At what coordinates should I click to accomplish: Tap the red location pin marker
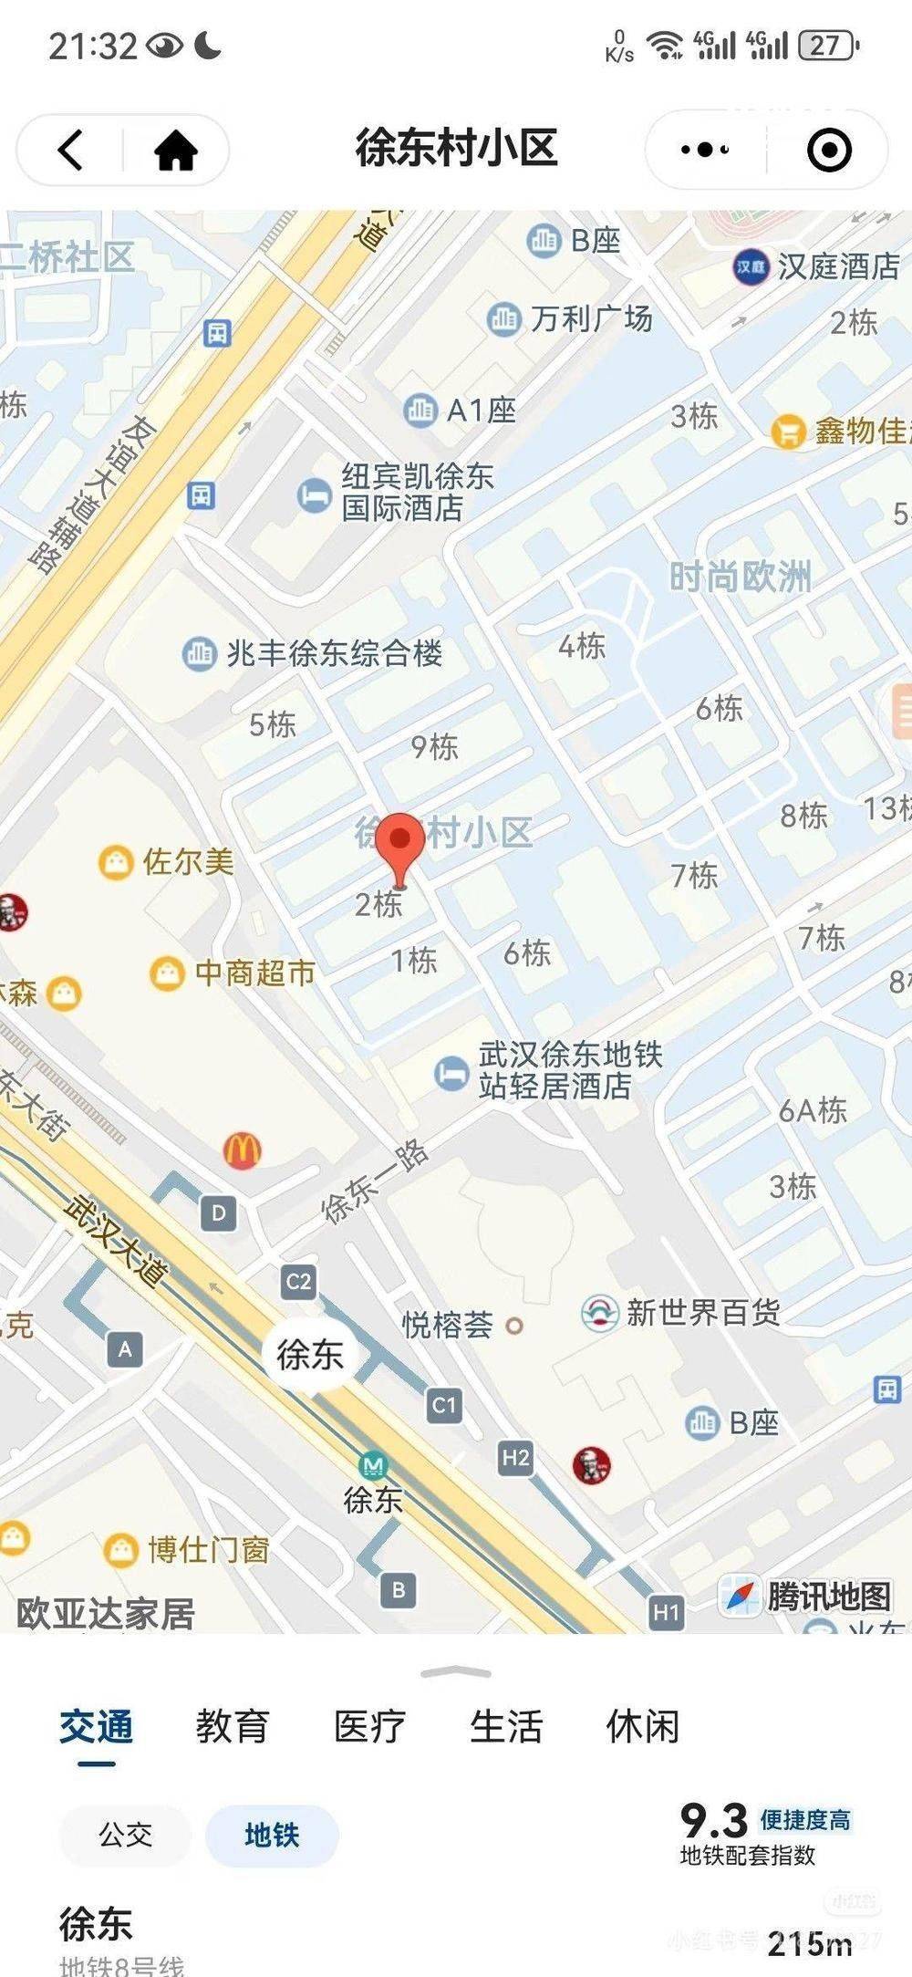pos(400,844)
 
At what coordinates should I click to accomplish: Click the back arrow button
pos(71,150)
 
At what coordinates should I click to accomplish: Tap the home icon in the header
pos(175,150)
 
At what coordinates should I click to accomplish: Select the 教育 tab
pos(232,1726)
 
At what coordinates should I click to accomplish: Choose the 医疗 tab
pos(368,1726)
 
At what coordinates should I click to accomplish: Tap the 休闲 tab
pos(642,1726)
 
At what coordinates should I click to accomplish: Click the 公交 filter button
pos(125,1835)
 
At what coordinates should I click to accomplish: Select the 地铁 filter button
pos(272,1835)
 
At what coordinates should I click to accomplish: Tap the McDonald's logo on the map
pos(242,1150)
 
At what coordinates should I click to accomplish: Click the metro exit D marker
pos(218,1213)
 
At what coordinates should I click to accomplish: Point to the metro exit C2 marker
pos(298,1282)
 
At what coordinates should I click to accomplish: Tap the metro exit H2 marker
pos(515,1458)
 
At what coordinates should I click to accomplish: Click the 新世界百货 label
pos(702,1313)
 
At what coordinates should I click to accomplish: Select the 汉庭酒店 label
pos(837,266)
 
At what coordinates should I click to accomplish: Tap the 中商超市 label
pos(254,973)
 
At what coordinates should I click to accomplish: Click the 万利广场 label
pos(591,318)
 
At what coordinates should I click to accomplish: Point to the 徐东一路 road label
pos(376,1181)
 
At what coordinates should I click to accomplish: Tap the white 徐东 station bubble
pos(310,1354)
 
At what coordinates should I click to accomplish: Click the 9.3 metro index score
pos(713,1822)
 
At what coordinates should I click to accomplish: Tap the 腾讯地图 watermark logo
pos(807,1596)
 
